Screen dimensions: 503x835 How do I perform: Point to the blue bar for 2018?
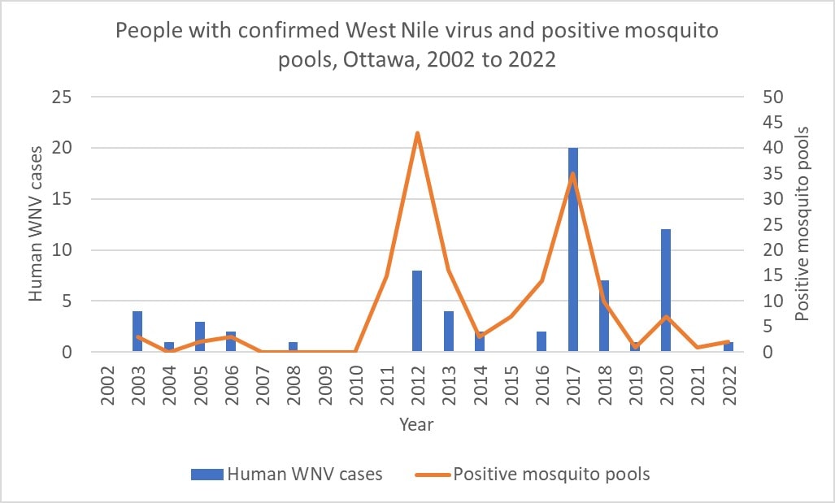pyautogui.click(x=604, y=316)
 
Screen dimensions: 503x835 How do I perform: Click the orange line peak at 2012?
pyautogui.click(x=417, y=133)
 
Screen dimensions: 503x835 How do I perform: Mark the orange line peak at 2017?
pyautogui.click(x=573, y=174)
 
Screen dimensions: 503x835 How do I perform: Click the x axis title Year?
pyautogui.click(x=416, y=424)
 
